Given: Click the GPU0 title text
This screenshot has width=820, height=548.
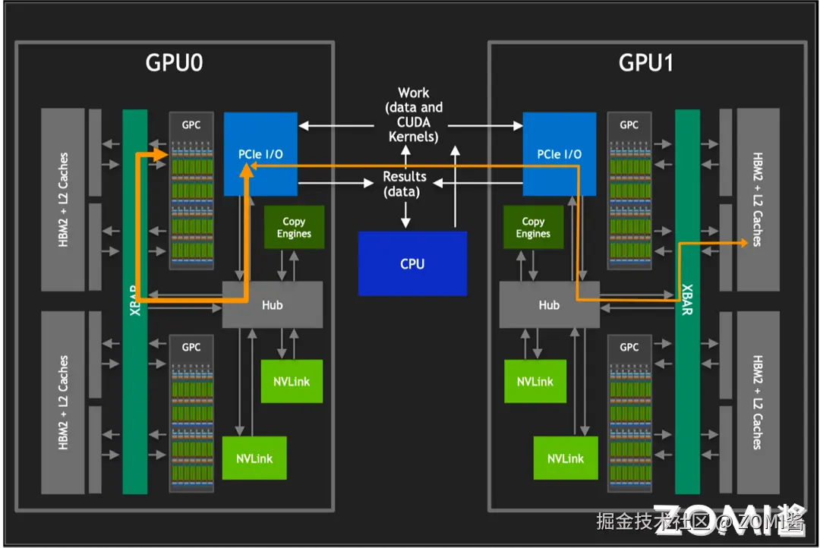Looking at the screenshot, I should point(174,62).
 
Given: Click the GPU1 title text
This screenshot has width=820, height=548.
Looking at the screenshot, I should point(646,62).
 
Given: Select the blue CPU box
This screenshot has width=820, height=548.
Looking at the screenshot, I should point(412,264).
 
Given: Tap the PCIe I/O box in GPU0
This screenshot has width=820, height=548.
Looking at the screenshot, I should point(260,154).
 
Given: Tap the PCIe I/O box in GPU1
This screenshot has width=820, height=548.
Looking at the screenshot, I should point(560,154).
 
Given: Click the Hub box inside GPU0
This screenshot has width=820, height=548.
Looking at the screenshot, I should point(272,304).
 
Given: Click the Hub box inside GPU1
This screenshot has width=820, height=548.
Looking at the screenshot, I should point(549,304).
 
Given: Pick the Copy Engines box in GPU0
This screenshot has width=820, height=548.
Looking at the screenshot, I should point(294,228).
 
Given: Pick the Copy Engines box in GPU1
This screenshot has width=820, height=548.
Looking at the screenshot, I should point(533,228).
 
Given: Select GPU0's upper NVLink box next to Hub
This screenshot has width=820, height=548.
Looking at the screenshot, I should point(292,381).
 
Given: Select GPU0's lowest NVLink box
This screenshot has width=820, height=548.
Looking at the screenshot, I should point(254,458).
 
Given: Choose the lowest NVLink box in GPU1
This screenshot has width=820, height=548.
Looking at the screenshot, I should point(566,458).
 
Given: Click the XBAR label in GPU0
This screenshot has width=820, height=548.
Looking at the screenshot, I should point(134,301).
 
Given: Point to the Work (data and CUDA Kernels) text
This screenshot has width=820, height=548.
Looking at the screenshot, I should point(414,115).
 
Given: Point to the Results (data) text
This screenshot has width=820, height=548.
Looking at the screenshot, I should point(405,184).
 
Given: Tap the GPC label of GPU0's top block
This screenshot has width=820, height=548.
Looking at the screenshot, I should point(191,124).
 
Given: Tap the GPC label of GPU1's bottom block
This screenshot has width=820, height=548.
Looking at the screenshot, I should point(629,347).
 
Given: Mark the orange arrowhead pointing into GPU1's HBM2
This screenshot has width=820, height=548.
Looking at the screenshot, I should point(742,242).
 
